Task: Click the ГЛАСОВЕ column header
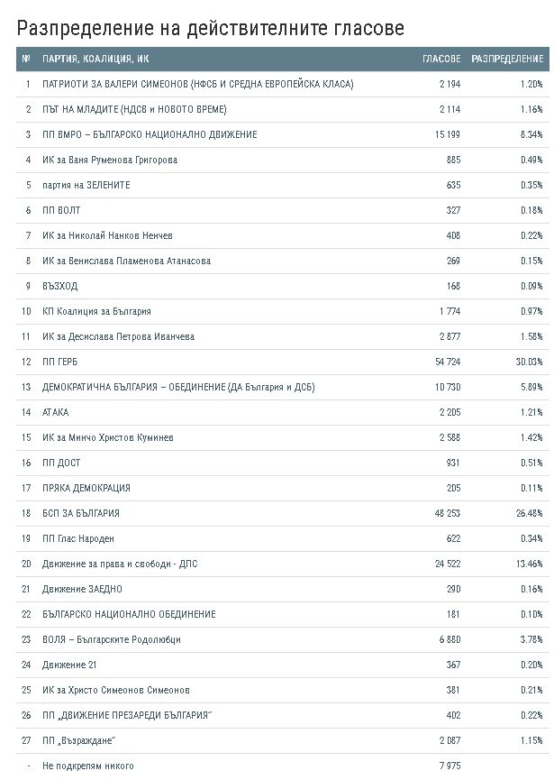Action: (x=441, y=59)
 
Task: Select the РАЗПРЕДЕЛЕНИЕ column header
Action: (x=507, y=59)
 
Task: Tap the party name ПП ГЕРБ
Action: (x=59, y=362)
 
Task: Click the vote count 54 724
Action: (x=448, y=362)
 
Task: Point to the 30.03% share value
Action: (x=529, y=362)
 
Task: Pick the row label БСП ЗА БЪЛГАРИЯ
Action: (x=80, y=513)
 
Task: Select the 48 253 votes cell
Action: (x=448, y=513)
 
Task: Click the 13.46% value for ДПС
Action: (x=529, y=564)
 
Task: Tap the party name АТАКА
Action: (x=55, y=412)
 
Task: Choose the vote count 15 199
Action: (x=448, y=134)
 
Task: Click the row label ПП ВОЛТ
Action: (x=61, y=210)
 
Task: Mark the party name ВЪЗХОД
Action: (x=59, y=286)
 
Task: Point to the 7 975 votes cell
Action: (x=450, y=766)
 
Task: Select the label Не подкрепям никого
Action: (x=88, y=766)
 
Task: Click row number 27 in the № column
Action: (x=26, y=740)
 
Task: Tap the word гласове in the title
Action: (x=368, y=28)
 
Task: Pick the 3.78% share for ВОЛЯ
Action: (x=531, y=639)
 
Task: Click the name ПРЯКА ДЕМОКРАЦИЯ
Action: (x=86, y=488)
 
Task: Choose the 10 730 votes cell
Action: (x=448, y=387)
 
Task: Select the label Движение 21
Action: (x=69, y=665)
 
